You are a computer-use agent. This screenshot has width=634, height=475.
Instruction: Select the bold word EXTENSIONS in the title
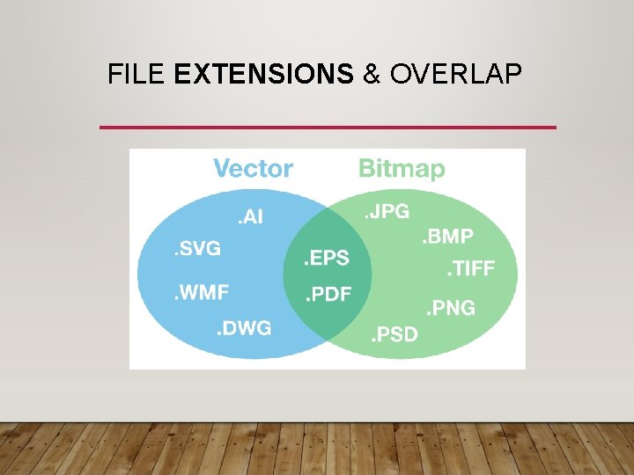tap(264, 75)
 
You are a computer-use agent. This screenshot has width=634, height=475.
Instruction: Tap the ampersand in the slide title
tap(372, 75)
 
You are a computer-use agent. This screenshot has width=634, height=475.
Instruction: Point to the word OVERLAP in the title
tap(454, 75)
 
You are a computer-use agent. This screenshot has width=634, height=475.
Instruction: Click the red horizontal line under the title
tap(328, 128)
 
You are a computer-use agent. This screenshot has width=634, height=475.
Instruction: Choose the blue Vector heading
tap(254, 168)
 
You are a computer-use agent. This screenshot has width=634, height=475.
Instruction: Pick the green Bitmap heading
tap(402, 169)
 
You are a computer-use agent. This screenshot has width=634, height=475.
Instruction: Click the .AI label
tap(247, 216)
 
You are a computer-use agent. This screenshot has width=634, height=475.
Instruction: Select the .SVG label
tap(196, 249)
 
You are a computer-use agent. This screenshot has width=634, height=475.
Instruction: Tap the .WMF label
tap(202, 292)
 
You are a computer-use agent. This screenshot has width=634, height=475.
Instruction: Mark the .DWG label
tap(244, 329)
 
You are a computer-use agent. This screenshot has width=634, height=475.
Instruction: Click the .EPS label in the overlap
tap(326, 259)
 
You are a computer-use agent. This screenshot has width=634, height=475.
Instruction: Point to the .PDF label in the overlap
tap(328, 295)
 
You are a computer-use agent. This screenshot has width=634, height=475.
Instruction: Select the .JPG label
tap(387, 211)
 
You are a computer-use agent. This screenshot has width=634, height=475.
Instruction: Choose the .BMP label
tap(447, 236)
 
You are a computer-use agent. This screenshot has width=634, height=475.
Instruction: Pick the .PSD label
tap(394, 334)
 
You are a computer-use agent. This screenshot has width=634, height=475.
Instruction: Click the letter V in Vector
tap(222, 168)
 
